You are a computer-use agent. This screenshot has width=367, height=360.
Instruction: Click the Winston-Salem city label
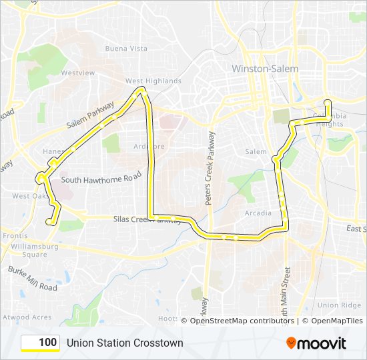click(x=265, y=69)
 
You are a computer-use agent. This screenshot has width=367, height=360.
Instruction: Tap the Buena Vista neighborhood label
click(x=126, y=49)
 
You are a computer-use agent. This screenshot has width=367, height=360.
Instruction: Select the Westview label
click(x=77, y=73)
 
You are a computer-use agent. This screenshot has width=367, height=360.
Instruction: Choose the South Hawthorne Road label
click(x=101, y=179)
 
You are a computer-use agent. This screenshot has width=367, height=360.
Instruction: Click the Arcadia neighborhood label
click(x=258, y=213)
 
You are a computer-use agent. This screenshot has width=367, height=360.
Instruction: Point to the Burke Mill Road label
click(x=32, y=278)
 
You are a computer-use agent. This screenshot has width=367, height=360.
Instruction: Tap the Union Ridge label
click(x=339, y=305)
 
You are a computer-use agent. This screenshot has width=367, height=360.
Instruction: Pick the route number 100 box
click(x=40, y=343)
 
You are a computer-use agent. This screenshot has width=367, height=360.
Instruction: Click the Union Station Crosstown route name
click(x=125, y=343)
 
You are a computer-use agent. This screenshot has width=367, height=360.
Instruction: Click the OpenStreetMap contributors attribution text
click(x=242, y=321)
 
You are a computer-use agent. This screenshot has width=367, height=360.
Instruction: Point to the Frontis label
click(x=15, y=236)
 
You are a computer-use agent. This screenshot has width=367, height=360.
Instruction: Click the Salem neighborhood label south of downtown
click(x=256, y=152)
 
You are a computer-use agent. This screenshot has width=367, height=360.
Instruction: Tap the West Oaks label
click(x=25, y=196)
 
